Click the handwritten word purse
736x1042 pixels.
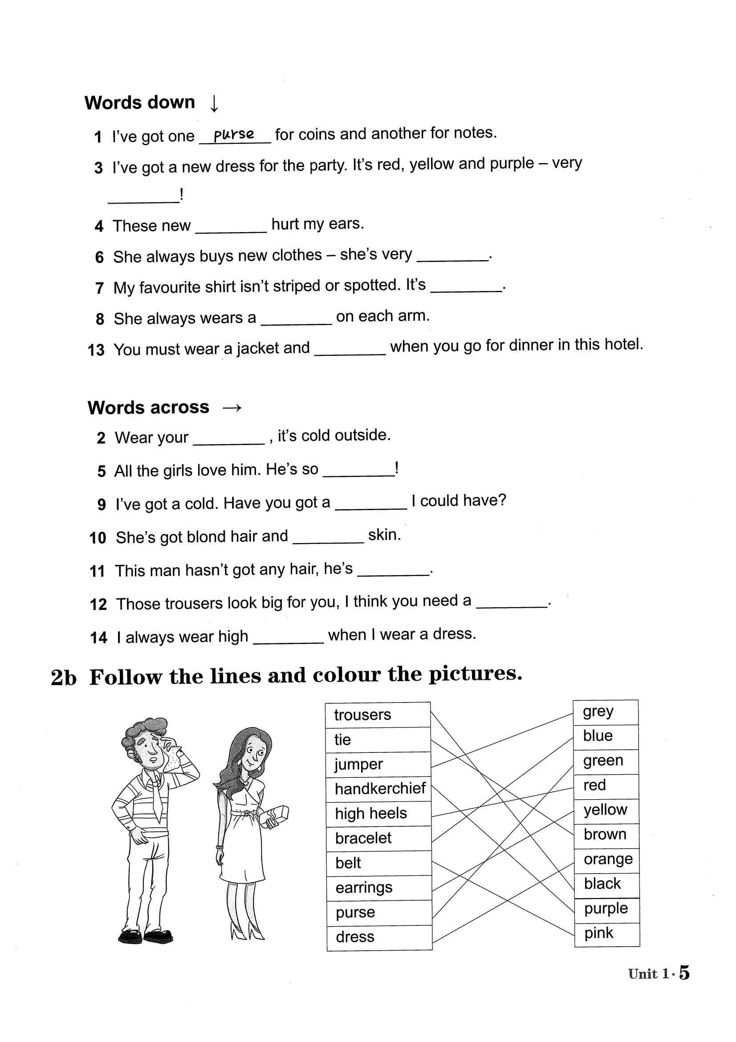[x=234, y=135]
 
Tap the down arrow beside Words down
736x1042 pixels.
[x=215, y=103]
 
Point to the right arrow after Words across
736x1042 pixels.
[x=232, y=408]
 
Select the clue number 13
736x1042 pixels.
[x=96, y=350]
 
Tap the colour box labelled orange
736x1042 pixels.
[x=607, y=859]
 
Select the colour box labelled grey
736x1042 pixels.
[x=606, y=711]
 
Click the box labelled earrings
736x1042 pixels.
[x=379, y=888]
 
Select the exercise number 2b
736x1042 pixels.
[x=64, y=678]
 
